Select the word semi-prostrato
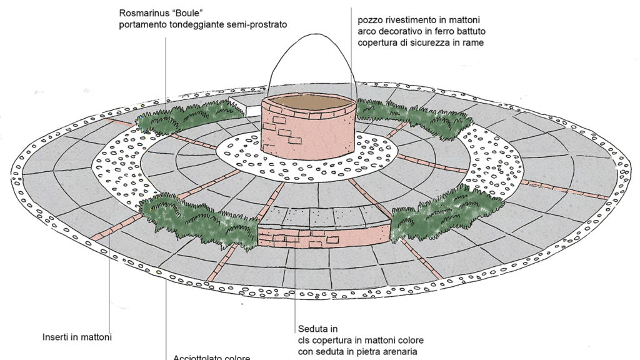point(257,24)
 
